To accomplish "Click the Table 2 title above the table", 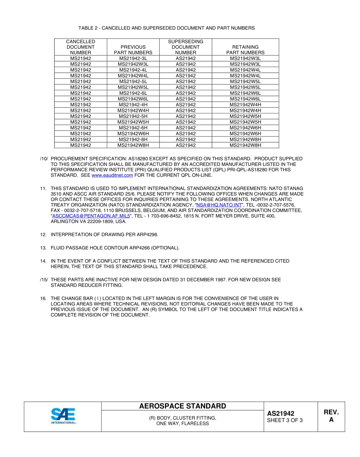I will [166, 28].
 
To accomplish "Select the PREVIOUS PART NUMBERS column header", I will [133, 50].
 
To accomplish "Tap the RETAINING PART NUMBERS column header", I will [245, 50].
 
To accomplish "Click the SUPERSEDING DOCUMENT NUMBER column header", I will [186, 47].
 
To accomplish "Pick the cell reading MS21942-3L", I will [133, 58].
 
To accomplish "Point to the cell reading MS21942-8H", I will [133, 139].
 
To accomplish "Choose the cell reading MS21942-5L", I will [133, 81].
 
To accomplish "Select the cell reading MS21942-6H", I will [133, 128].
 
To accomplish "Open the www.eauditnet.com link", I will [112, 175].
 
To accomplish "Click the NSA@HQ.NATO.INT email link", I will [219, 205].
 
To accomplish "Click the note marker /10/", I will [44, 159].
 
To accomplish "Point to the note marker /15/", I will [44, 280].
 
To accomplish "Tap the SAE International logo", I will [63, 416].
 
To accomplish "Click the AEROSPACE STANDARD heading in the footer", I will [182, 406].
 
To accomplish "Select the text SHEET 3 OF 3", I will [285, 420].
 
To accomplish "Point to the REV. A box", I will [331, 416].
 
